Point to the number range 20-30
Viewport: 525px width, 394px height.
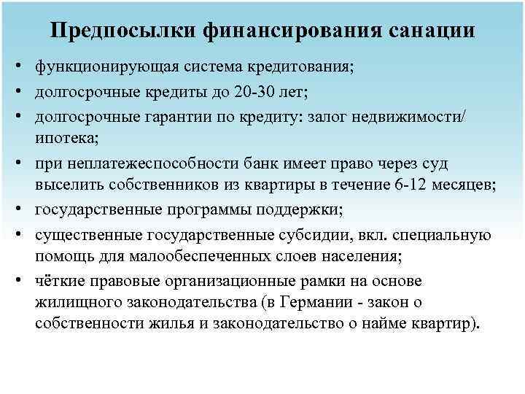pyautogui.click(x=255, y=93)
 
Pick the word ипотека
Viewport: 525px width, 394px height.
pyautogui.click(x=64, y=137)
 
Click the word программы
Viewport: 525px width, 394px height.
pyautogui.click(x=220, y=211)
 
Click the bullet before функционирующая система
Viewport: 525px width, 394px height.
pyautogui.click(x=15, y=67)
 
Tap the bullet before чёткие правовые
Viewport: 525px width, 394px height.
pyautogui.click(x=15, y=281)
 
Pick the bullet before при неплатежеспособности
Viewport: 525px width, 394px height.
pyautogui.click(x=15, y=165)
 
